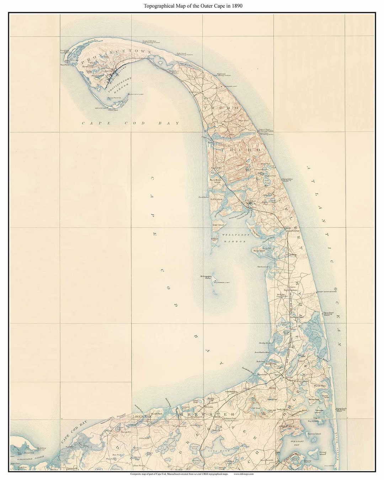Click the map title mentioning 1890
click(193, 6)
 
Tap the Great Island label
click(217, 225)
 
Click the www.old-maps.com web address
click(243, 474)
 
